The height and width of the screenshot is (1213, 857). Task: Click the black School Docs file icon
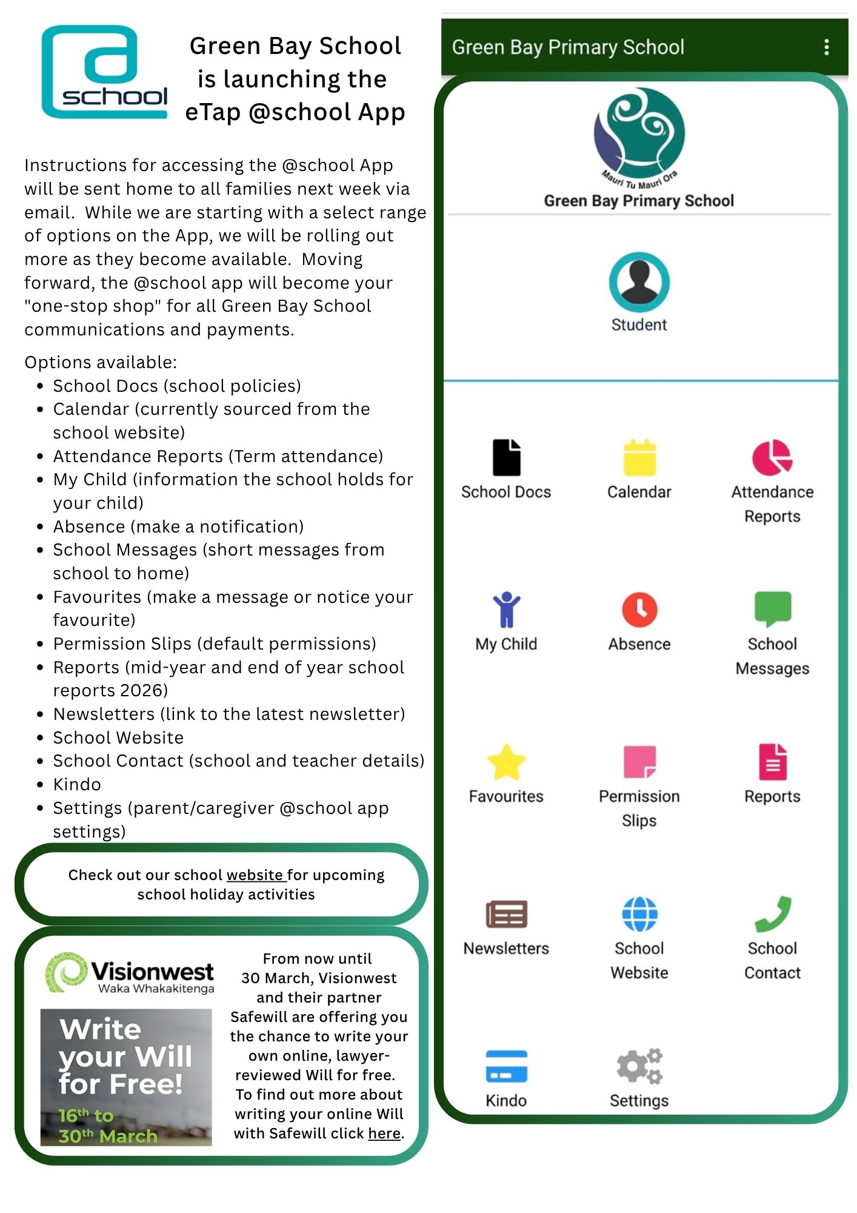click(x=506, y=457)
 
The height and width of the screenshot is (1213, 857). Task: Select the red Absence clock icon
click(x=639, y=609)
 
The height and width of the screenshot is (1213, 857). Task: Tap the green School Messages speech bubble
click(x=772, y=608)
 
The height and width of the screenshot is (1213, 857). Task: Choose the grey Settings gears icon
click(x=639, y=1066)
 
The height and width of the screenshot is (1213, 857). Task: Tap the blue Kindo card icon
click(x=506, y=1066)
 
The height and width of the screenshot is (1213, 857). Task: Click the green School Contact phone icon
click(x=772, y=913)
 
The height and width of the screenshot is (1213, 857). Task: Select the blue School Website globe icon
click(x=639, y=913)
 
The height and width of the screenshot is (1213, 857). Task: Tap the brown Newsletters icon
click(x=506, y=914)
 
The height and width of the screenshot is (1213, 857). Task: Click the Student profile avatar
click(x=639, y=282)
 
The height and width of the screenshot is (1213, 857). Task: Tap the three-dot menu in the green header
click(x=826, y=47)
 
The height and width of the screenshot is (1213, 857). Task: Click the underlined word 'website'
click(x=255, y=875)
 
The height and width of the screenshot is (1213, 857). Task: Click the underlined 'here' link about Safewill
click(x=384, y=1133)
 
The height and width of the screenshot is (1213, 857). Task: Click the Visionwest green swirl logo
click(x=65, y=972)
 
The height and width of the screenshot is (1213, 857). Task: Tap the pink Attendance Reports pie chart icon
click(x=772, y=457)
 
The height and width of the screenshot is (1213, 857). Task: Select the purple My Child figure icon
click(x=506, y=609)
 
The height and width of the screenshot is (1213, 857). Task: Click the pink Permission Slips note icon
click(x=639, y=762)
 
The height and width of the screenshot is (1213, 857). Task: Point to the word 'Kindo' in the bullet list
click(x=77, y=784)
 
